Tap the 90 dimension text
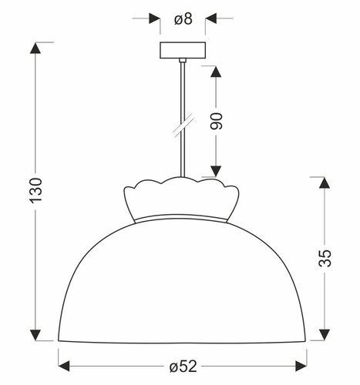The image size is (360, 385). [x=217, y=122]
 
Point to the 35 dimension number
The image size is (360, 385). [x=325, y=257]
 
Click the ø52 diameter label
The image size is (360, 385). [x=183, y=364]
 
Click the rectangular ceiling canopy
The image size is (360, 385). [x=183, y=51]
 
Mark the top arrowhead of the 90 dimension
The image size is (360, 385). [x=217, y=72]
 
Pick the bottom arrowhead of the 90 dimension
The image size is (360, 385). [x=217, y=171]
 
